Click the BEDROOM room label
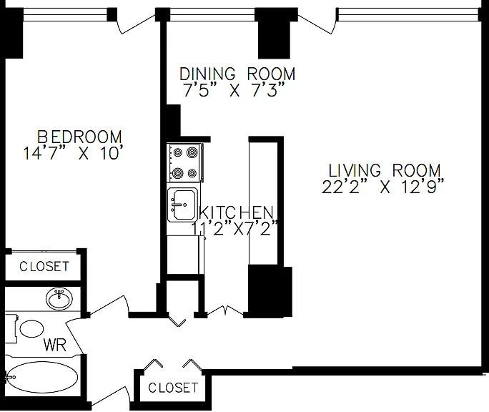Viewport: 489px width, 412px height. tap(79, 137)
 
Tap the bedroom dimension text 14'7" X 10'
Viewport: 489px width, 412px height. tap(71, 154)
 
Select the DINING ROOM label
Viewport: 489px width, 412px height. tap(237, 74)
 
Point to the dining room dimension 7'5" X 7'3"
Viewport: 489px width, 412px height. tap(234, 90)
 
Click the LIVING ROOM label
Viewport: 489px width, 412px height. tap(385, 170)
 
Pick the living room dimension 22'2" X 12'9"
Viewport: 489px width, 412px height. tap(382, 187)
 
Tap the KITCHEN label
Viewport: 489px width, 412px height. tap(237, 212)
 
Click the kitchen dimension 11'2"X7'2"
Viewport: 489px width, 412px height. tap(234, 228)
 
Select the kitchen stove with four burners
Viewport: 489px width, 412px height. tap(185, 162)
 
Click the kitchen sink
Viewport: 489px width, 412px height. tap(182, 205)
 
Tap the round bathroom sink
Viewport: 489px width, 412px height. tap(59, 298)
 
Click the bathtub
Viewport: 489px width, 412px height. tap(42, 378)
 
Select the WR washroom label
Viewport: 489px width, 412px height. tap(55, 345)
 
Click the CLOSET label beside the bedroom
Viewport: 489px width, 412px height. tap(44, 266)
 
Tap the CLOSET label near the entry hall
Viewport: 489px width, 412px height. tap(173, 388)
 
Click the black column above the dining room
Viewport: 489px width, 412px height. tap(274, 33)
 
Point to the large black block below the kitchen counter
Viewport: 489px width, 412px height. tap(270, 291)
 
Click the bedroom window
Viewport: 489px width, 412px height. tap(66, 14)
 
